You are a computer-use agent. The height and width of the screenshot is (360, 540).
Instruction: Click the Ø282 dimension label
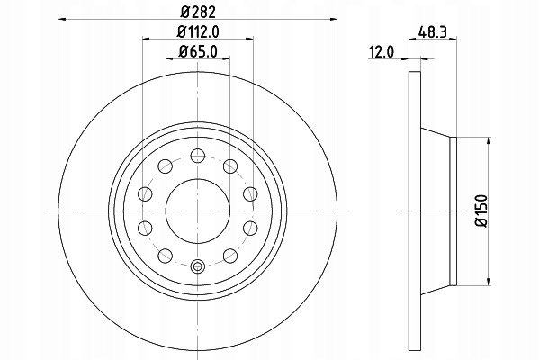tap(198, 12)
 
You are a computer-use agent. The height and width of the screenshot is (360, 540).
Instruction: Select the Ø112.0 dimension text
tap(198, 32)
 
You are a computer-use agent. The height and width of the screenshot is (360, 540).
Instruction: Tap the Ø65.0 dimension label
tap(198, 52)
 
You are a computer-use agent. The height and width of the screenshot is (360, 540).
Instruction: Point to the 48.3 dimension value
tap(433, 32)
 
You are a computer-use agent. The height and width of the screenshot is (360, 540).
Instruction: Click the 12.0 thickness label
tap(382, 52)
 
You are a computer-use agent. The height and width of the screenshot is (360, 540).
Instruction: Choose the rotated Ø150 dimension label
tap(481, 211)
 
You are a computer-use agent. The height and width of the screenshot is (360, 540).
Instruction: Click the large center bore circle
tap(198, 211)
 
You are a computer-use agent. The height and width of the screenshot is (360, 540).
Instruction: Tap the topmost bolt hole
tap(198, 156)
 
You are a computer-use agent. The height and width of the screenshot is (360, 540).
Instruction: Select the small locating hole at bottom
tap(198, 266)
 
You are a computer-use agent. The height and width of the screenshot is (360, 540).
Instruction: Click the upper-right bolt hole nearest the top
tap(230, 166)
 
